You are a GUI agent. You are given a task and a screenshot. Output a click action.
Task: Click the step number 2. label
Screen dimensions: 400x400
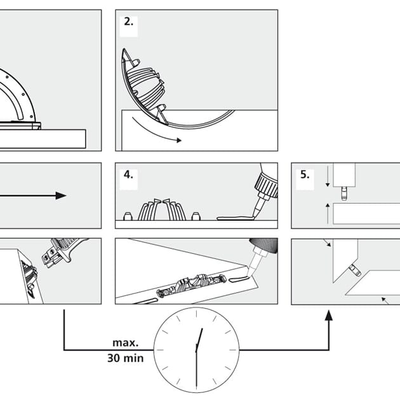128,22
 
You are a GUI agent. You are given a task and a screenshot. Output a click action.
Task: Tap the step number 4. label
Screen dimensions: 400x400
128,174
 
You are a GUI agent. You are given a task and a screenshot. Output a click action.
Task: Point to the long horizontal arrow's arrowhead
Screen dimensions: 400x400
60,195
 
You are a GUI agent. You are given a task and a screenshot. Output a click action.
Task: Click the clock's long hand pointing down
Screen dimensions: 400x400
196,371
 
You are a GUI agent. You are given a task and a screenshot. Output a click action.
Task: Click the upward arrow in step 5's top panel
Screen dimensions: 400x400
328,208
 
